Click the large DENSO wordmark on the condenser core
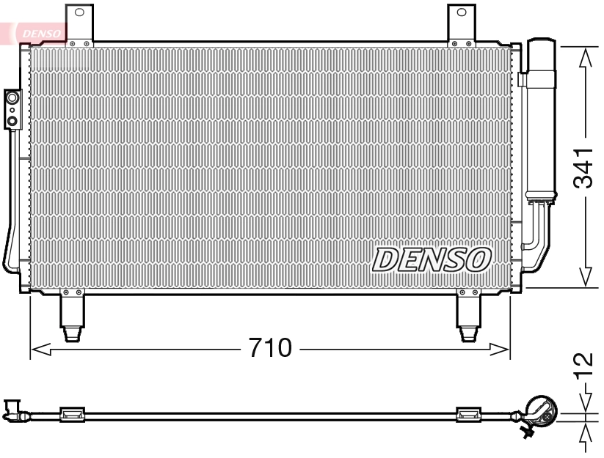click(432, 259)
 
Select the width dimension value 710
click(269, 347)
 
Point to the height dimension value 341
click(584, 168)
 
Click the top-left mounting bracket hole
click(79, 12)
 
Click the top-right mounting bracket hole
click(462, 12)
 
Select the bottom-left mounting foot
click(72, 315)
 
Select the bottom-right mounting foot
click(467, 315)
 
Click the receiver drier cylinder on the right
click(540, 117)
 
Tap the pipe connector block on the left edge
click(12, 108)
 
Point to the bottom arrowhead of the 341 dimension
click(585, 276)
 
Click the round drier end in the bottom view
click(542, 413)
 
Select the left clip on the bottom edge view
click(72, 415)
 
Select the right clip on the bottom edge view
click(468, 415)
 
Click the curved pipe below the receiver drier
click(534, 233)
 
